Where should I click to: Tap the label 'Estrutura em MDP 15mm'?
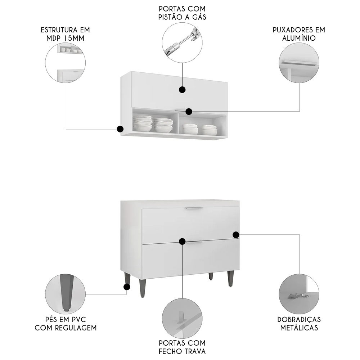coord(65,34)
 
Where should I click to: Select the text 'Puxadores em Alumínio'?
coord(299,34)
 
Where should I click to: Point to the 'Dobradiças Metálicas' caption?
coord(299,323)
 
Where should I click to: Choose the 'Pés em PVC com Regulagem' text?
coord(66,323)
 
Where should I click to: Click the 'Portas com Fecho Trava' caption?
coord(182,347)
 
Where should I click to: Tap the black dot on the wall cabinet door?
coord(182,90)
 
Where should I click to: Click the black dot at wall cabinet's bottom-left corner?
coord(120,129)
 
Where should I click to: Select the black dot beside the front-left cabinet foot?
coord(126,287)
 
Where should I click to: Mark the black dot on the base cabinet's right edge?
coord(236,235)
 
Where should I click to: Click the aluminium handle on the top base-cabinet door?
coord(194,208)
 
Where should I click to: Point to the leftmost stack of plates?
coord(143,123)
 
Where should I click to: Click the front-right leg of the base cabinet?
coord(230,279)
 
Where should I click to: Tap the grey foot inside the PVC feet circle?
coord(65,292)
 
